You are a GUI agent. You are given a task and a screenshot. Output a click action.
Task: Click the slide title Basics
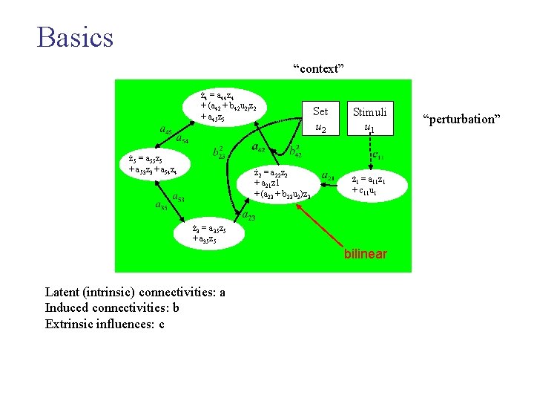click(x=75, y=36)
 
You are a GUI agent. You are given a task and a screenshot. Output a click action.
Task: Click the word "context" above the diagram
click(x=319, y=69)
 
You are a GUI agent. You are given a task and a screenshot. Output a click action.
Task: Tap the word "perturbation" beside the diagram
click(x=462, y=119)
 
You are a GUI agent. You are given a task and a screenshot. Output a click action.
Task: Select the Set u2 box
click(x=320, y=120)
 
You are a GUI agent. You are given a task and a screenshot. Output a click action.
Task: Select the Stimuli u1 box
click(x=369, y=120)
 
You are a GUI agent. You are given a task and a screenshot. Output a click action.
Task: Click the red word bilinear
click(x=364, y=254)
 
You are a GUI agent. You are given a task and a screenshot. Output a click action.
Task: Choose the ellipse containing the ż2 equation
click(x=282, y=183)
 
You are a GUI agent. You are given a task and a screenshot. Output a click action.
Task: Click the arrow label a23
click(x=250, y=216)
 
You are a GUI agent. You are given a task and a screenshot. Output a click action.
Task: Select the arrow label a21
click(x=328, y=177)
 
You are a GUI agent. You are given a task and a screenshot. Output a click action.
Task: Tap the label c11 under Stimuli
click(x=376, y=156)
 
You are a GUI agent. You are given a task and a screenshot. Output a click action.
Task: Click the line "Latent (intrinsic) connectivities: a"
click(x=135, y=293)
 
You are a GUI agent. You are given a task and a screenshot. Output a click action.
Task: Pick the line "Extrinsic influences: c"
click(x=105, y=323)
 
